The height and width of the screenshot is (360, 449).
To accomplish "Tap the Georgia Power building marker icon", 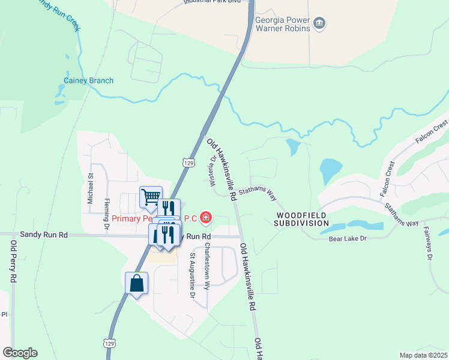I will [319, 23].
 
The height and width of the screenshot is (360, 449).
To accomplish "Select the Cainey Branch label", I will [88, 80].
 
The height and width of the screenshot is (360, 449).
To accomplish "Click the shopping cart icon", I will [151, 196].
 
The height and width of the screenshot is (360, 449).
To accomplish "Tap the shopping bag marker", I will [136, 283].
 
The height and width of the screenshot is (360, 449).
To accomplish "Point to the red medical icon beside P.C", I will [206, 217].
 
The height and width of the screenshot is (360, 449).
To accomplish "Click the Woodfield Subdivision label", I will [302, 219].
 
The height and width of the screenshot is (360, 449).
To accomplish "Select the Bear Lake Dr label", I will [347, 239].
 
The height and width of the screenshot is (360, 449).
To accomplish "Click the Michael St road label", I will [91, 188].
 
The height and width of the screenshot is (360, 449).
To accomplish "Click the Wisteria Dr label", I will [213, 170].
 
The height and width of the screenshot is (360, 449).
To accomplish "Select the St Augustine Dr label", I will [193, 276].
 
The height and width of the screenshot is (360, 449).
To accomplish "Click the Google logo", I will [20, 353].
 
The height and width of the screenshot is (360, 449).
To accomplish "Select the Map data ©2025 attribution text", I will [423, 355].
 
